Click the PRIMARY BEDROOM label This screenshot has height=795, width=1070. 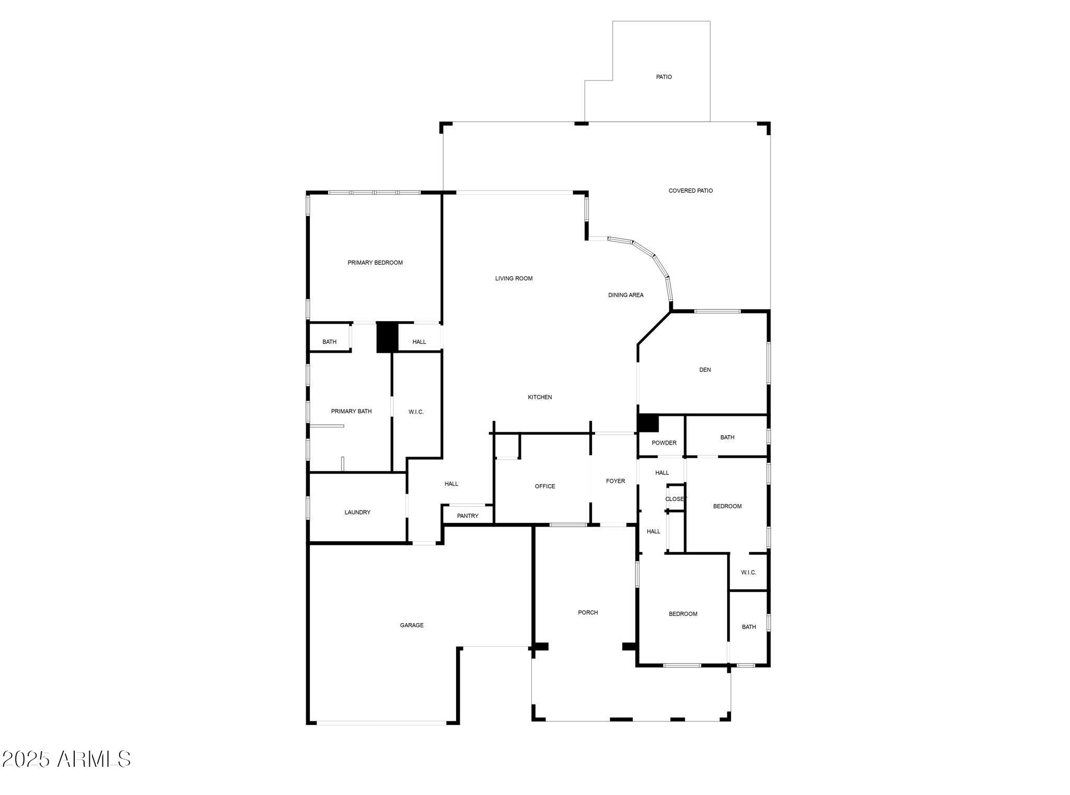pos(375,263)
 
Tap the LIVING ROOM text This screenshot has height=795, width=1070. pos(514,278)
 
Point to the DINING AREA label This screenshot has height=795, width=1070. pos(626,295)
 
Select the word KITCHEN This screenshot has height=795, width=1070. pos(540,397)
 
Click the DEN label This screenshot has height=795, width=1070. pos(705,370)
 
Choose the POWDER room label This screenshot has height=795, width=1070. pos(664,443)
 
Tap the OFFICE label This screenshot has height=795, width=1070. pos(545,486)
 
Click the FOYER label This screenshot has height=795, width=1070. pos(615,481)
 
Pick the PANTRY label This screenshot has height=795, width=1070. pos(468,516)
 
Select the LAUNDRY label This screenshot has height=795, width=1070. pos(357,512)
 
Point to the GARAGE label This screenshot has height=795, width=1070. pos(412,625)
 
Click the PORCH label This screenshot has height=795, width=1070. pos(588,613)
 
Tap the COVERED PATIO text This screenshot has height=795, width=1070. pos(691,191)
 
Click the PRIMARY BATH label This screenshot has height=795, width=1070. pos(352,412)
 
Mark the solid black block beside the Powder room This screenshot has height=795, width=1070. pos(648,423)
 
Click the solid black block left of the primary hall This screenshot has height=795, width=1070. pos(387,337)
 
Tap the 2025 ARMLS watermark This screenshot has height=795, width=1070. pos(66,759)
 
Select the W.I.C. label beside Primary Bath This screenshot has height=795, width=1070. pos(416,412)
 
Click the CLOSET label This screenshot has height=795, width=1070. pos(675,499)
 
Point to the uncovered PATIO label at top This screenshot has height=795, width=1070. pos(664,77)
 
